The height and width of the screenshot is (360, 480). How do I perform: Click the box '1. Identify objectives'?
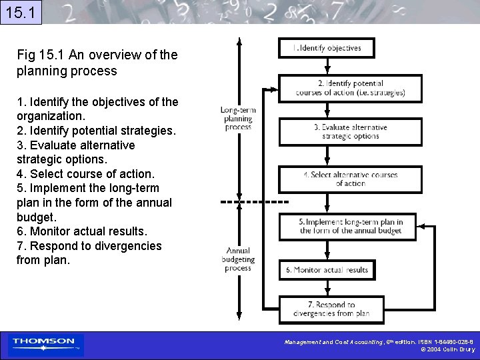326,48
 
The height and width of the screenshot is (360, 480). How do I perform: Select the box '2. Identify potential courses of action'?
350,88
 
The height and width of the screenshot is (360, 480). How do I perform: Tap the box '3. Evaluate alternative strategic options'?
350,132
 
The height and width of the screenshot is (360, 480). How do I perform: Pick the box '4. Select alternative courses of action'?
350,179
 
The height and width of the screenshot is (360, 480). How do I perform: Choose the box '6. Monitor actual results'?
327,270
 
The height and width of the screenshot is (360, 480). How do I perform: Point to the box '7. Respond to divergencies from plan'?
331,309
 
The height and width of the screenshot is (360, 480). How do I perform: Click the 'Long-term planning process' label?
238,118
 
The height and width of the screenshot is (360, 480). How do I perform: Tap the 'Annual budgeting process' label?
238,259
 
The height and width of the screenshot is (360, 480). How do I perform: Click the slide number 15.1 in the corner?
21,12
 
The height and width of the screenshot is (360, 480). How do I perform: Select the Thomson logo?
44,344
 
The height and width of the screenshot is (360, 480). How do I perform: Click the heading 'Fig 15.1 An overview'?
97,62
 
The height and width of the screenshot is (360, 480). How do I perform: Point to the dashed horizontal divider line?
254,201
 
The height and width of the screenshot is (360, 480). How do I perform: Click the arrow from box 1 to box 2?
327,66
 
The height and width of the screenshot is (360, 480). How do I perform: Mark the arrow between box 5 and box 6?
327,250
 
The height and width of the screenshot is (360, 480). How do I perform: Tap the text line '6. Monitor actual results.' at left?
82,231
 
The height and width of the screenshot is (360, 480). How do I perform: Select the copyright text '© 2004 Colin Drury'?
447,349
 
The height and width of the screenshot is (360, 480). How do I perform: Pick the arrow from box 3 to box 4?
327,155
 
